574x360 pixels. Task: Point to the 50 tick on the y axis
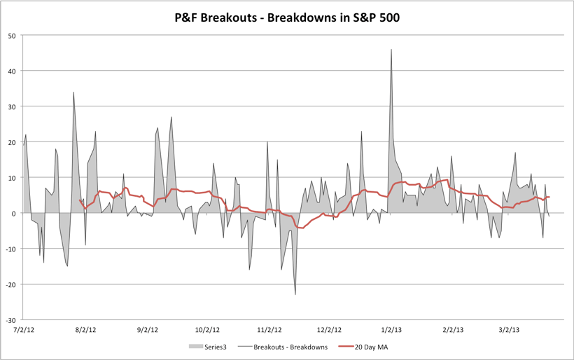pyautogui.click(x=11, y=35)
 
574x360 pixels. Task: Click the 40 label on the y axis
pyautogui.click(x=11, y=71)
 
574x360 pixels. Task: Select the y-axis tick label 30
pyautogui.click(x=11, y=106)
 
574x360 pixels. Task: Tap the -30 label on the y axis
pyautogui.click(x=10, y=319)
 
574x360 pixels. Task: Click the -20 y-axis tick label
pyautogui.click(x=10, y=284)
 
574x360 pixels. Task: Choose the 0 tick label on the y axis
pyautogui.click(x=13, y=213)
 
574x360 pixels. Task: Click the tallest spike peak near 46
pyautogui.click(x=391, y=50)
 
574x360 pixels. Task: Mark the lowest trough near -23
pyautogui.click(x=295, y=294)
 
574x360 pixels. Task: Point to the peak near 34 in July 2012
pyautogui.click(x=73, y=92)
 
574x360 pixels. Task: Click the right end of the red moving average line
pyautogui.click(x=549, y=197)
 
